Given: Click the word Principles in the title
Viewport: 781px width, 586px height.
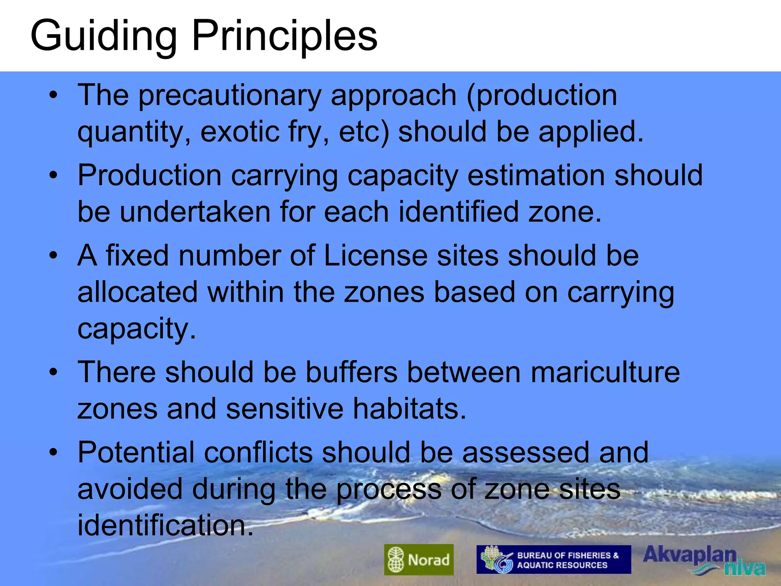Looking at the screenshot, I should (284, 36).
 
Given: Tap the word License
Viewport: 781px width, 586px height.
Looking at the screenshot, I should (376, 256).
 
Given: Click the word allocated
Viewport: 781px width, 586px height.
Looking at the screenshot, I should (138, 292).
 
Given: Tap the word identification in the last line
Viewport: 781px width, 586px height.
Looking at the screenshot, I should (166, 525).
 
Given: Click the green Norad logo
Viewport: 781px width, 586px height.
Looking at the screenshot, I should (419, 559).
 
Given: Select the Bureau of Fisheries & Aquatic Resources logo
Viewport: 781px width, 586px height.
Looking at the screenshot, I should (553, 560).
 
